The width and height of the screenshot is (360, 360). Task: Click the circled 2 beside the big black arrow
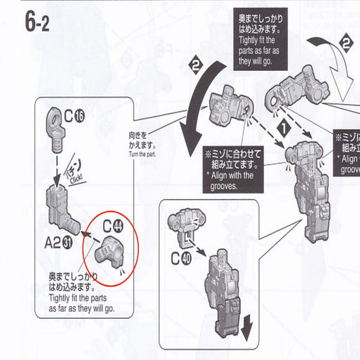click(x=196, y=67)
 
